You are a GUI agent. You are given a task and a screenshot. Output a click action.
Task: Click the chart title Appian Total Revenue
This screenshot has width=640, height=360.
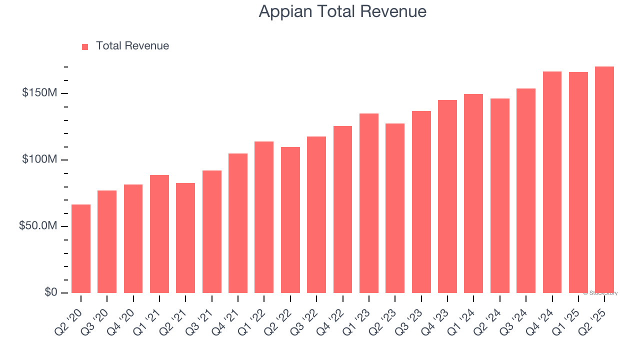tap(342, 11)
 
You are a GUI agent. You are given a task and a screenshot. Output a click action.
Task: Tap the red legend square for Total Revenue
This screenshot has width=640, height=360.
tap(85, 46)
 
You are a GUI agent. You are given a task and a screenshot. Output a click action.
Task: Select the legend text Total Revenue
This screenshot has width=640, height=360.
tap(132, 46)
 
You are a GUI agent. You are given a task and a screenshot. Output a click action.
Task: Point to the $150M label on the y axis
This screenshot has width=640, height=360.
tap(39, 93)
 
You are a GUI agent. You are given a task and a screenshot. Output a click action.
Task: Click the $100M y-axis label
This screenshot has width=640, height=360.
tap(39, 159)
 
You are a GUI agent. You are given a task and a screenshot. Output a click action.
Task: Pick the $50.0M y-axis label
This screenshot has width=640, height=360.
tap(38, 226)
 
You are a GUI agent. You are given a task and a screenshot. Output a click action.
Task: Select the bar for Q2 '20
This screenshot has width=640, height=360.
tap(81, 248)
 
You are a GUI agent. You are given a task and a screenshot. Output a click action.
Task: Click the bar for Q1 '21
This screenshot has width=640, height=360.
tap(159, 233)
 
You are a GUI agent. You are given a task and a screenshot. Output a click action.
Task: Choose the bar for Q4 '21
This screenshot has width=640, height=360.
tap(238, 223)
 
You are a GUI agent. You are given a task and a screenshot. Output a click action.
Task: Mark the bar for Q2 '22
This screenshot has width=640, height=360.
tap(290, 219)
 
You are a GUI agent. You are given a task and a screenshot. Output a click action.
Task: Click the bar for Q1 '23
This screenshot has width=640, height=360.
tap(369, 203)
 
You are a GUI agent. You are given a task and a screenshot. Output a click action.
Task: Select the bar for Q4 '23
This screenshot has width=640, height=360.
tap(447, 196)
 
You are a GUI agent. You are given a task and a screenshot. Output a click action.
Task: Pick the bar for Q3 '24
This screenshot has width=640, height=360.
tap(526, 190)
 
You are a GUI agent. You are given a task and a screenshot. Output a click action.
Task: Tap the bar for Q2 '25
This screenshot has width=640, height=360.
tap(604, 179)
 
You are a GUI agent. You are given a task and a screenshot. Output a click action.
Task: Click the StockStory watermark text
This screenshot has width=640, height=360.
tap(600, 293)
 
